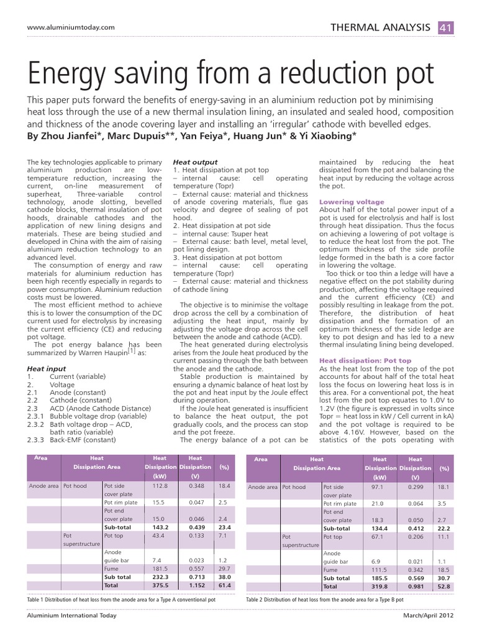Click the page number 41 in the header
pyautogui.click(x=445, y=27)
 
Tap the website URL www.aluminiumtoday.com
pyautogui.click(x=71, y=27)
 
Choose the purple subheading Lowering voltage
pyautogui.click(x=352, y=202)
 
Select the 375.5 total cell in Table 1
pyautogui.click(x=160, y=585)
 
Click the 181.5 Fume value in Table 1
pyautogui.click(x=160, y=569)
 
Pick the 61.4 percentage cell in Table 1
pyautogui.click(x=224, y=585)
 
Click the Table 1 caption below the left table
pyautogui.click(x=121, y=600)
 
